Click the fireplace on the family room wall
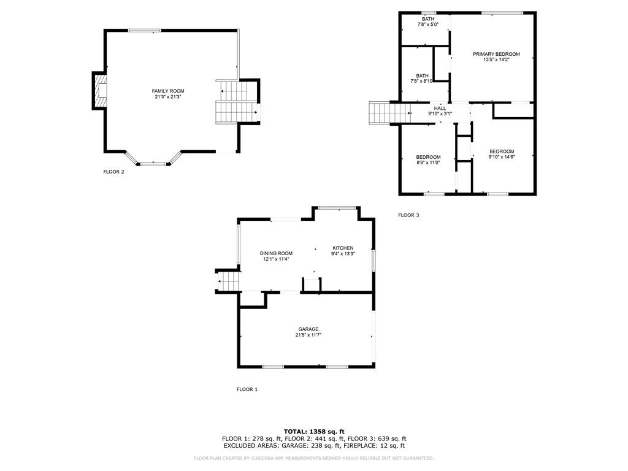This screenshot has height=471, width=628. [100, 91]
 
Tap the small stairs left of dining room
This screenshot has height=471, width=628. [227, 281]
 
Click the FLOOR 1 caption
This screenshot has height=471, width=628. [247, 389]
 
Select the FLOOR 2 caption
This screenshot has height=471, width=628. [113, 172]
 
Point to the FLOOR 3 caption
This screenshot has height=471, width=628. [408, 215]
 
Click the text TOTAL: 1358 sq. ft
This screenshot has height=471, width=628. [314, 431]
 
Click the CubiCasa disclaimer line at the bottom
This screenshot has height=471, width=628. [314, 458]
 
